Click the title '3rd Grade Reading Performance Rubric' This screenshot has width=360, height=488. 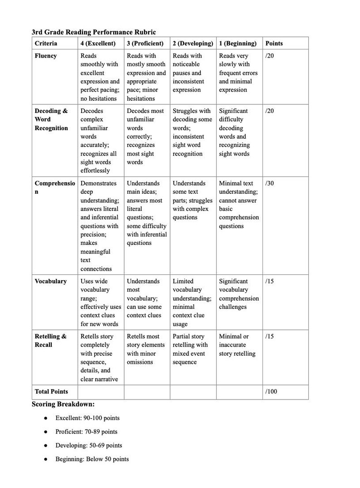[x=93, y=32]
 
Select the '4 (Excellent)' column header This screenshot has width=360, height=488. [x=97, y=44]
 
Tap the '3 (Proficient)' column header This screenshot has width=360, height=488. [x=145, y=44]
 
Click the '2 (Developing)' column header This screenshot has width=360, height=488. [x=193, y=44]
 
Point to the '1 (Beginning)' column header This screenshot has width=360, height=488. [x=238, y=44]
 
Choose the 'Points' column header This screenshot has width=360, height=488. [x=274, y=44]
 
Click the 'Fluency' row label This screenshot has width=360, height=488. [x=46, y=56]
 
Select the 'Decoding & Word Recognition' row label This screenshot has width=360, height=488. [x=51, y=119]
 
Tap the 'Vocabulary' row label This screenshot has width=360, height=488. [x=51, y=281]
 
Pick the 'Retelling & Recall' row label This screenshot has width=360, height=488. [x=50, y=341]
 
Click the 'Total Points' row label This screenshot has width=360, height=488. [x=51, y=391]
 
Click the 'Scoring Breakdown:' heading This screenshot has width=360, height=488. [x=63, y=404]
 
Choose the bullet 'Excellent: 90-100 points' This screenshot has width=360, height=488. [x=88, y=418]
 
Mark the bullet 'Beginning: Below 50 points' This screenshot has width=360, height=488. [x=92, y=459]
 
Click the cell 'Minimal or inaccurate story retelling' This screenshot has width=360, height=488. [x=237, y=345]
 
